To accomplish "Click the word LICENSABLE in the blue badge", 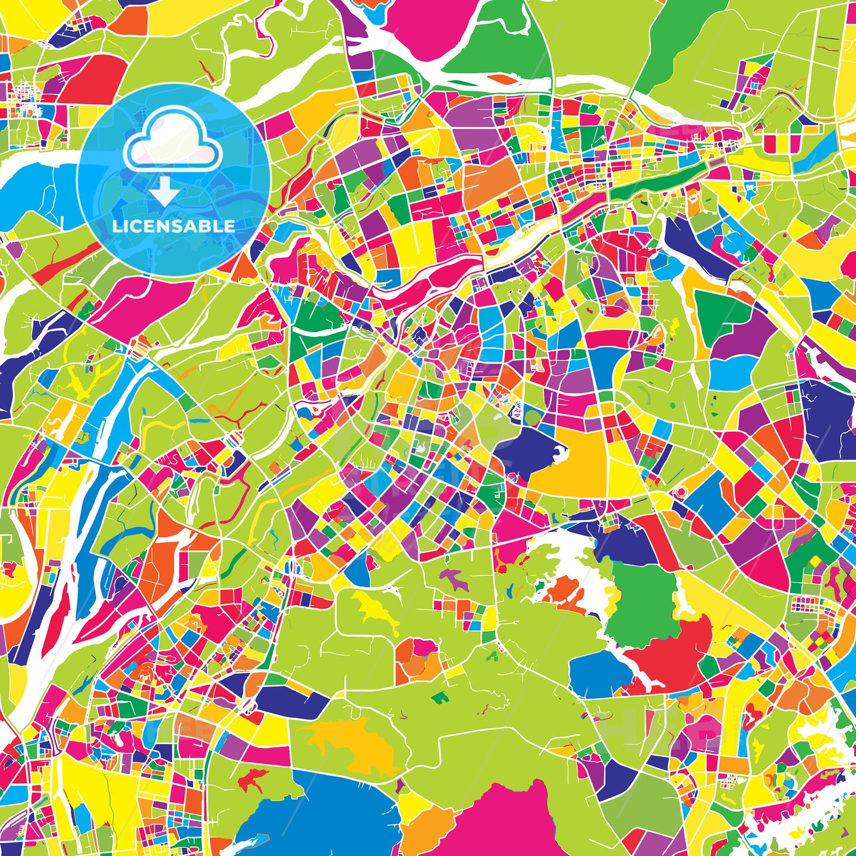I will (x=174, y=226).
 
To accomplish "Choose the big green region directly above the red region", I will (x=642, y=594).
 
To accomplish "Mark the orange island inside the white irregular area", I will (x=565, y=594).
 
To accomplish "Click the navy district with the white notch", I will (x=526, y=452).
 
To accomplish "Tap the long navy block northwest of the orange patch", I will (x=291, y=701).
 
